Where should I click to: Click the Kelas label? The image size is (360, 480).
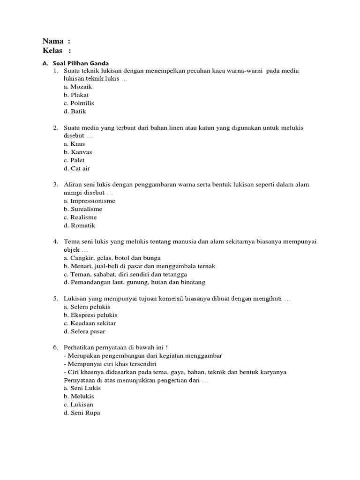(x=53, y=51)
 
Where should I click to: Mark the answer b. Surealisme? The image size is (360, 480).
(x=82, y=209)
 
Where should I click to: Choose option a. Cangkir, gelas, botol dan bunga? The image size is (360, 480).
(x=112, y=258)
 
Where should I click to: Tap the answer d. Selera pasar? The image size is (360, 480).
(x=84, y=331)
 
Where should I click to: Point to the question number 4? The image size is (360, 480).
(x=55, y=241)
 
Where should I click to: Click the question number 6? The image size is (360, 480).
(x=55, y=347)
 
